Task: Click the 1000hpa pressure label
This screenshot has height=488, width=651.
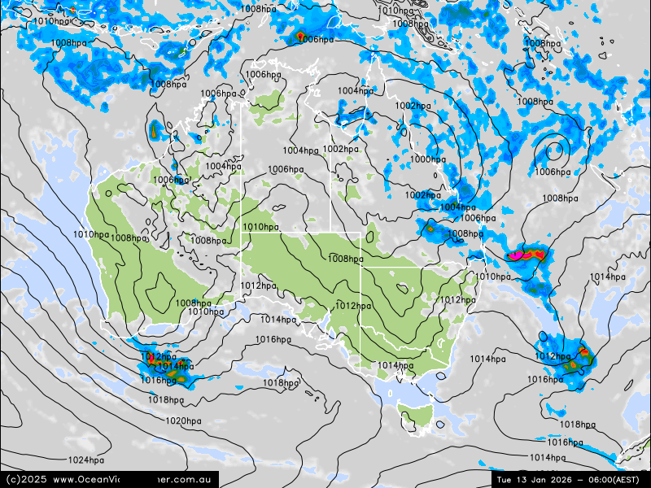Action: [428, 159]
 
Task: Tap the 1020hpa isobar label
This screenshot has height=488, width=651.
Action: [183, 420]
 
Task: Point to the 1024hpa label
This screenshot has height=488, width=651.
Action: [85, 460]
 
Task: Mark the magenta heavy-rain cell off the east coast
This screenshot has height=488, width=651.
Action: [525, 255]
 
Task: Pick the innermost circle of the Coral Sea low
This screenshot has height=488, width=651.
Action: [557, 150]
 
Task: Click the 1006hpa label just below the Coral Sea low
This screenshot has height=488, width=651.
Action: [553, 172]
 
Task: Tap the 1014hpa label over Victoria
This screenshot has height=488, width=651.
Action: [395, 366]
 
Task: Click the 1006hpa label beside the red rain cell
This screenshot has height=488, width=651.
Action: [316, 39]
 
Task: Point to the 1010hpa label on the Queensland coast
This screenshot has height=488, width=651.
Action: [492, 277]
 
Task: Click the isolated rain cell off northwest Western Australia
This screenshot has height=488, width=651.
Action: [155, 130]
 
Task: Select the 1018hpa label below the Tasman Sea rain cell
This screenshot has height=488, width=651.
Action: [578, 425]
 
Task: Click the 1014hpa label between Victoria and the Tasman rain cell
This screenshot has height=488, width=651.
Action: [487, 359]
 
